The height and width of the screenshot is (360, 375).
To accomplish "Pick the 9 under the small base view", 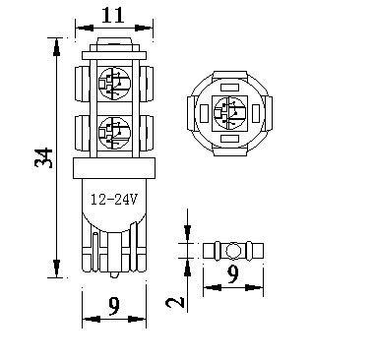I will pos(232,276).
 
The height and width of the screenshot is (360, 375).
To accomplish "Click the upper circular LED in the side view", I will pos(114,79).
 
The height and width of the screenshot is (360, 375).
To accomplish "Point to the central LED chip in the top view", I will pos(227,111).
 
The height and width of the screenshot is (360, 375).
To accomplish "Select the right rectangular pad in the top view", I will pos(256,112).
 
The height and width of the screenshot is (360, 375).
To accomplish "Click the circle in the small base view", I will pos(231,249).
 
